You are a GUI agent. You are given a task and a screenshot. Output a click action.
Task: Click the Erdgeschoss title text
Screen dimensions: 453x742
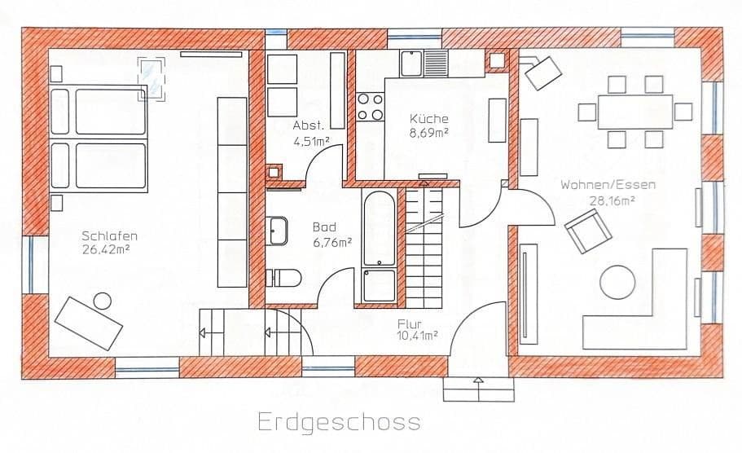(x=339, y=422)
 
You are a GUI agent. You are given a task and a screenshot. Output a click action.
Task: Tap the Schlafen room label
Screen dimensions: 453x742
(x=103, y=236)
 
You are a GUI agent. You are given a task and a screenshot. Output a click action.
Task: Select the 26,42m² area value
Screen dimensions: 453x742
(x=103, y=249)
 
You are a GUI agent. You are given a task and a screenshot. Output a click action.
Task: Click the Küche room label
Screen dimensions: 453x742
(x=429, y=119)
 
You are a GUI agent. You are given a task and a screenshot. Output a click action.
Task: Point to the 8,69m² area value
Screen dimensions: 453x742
(x=429, y=132)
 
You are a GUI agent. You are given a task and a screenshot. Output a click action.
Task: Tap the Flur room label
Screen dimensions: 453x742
(x=410, y=323)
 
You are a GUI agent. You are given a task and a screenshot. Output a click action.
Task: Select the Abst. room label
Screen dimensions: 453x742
(x=309, y=126)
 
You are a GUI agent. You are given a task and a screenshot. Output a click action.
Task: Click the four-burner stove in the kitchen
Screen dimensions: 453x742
(x=371, y=107)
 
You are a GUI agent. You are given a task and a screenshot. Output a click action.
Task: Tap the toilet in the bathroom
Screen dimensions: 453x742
(x=284, y=278)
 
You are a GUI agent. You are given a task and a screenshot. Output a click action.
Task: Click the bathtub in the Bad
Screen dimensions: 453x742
(x=379, y=245)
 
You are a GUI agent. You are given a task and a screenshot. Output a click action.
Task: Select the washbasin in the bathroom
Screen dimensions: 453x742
(x=276, y=231)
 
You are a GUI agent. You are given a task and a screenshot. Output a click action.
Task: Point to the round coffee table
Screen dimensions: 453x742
(x=618, y=283)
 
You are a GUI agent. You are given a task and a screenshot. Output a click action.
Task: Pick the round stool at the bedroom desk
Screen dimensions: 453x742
(x=103, y=301)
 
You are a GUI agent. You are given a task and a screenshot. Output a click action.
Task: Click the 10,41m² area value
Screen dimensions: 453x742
(x=418, y=335)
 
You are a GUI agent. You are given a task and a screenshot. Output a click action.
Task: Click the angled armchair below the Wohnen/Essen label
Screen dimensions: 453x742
(x=588, y=231)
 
